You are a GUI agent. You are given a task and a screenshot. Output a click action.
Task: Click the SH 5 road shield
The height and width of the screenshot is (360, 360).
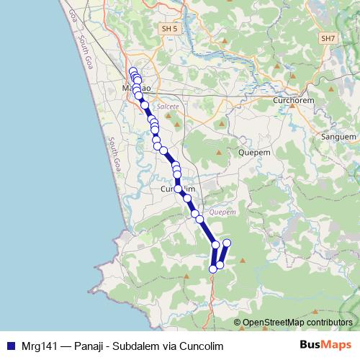[x=167, y=28]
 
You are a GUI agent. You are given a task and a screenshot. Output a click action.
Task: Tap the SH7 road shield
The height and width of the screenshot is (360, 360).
[x=328, y=37]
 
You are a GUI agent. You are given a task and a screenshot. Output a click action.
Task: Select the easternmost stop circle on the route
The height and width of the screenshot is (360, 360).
[x=227, y=243]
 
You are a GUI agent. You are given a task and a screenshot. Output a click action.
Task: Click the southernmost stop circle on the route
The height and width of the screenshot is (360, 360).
[x=213, y=269]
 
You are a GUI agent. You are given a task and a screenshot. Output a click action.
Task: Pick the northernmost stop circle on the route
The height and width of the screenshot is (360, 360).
[x=132, y=71]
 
